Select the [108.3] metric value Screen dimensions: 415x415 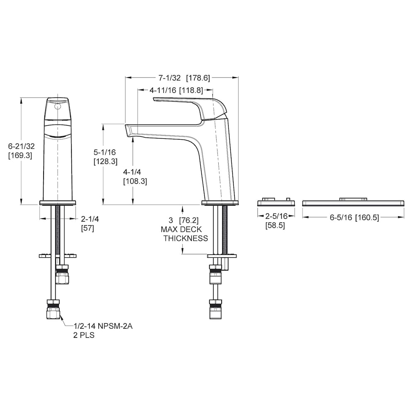coord(135,181)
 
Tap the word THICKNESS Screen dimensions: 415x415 coord(186,238)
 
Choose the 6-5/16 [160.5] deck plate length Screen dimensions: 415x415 coord(354,217)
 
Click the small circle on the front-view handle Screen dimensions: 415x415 coord(58,106)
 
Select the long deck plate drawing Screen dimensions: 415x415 coord(353,202)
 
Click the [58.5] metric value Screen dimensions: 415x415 coord(275,226)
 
